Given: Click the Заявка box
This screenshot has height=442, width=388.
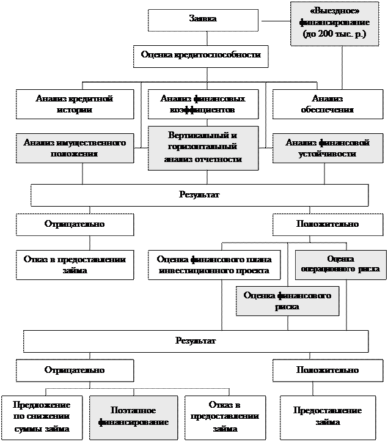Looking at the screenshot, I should [x=202, y=20].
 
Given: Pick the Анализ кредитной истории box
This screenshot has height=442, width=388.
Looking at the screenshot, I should [x=75, y=105].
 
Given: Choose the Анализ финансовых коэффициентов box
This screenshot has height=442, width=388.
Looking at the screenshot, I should [x=203, y=105].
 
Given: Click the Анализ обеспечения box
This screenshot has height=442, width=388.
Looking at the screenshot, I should [x=327, y=105].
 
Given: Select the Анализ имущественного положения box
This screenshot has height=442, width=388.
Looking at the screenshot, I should [x=75, y=148].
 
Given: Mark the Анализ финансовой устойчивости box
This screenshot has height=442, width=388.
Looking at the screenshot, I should [x=328, y=148].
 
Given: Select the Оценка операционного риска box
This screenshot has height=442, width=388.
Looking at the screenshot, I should [x=340, y=263].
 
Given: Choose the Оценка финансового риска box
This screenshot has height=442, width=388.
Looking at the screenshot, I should [x=287, y=301].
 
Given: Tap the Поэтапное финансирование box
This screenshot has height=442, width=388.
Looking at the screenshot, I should [x=134, y=417].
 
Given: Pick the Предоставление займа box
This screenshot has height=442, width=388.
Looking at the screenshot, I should [x=327, y=417].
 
